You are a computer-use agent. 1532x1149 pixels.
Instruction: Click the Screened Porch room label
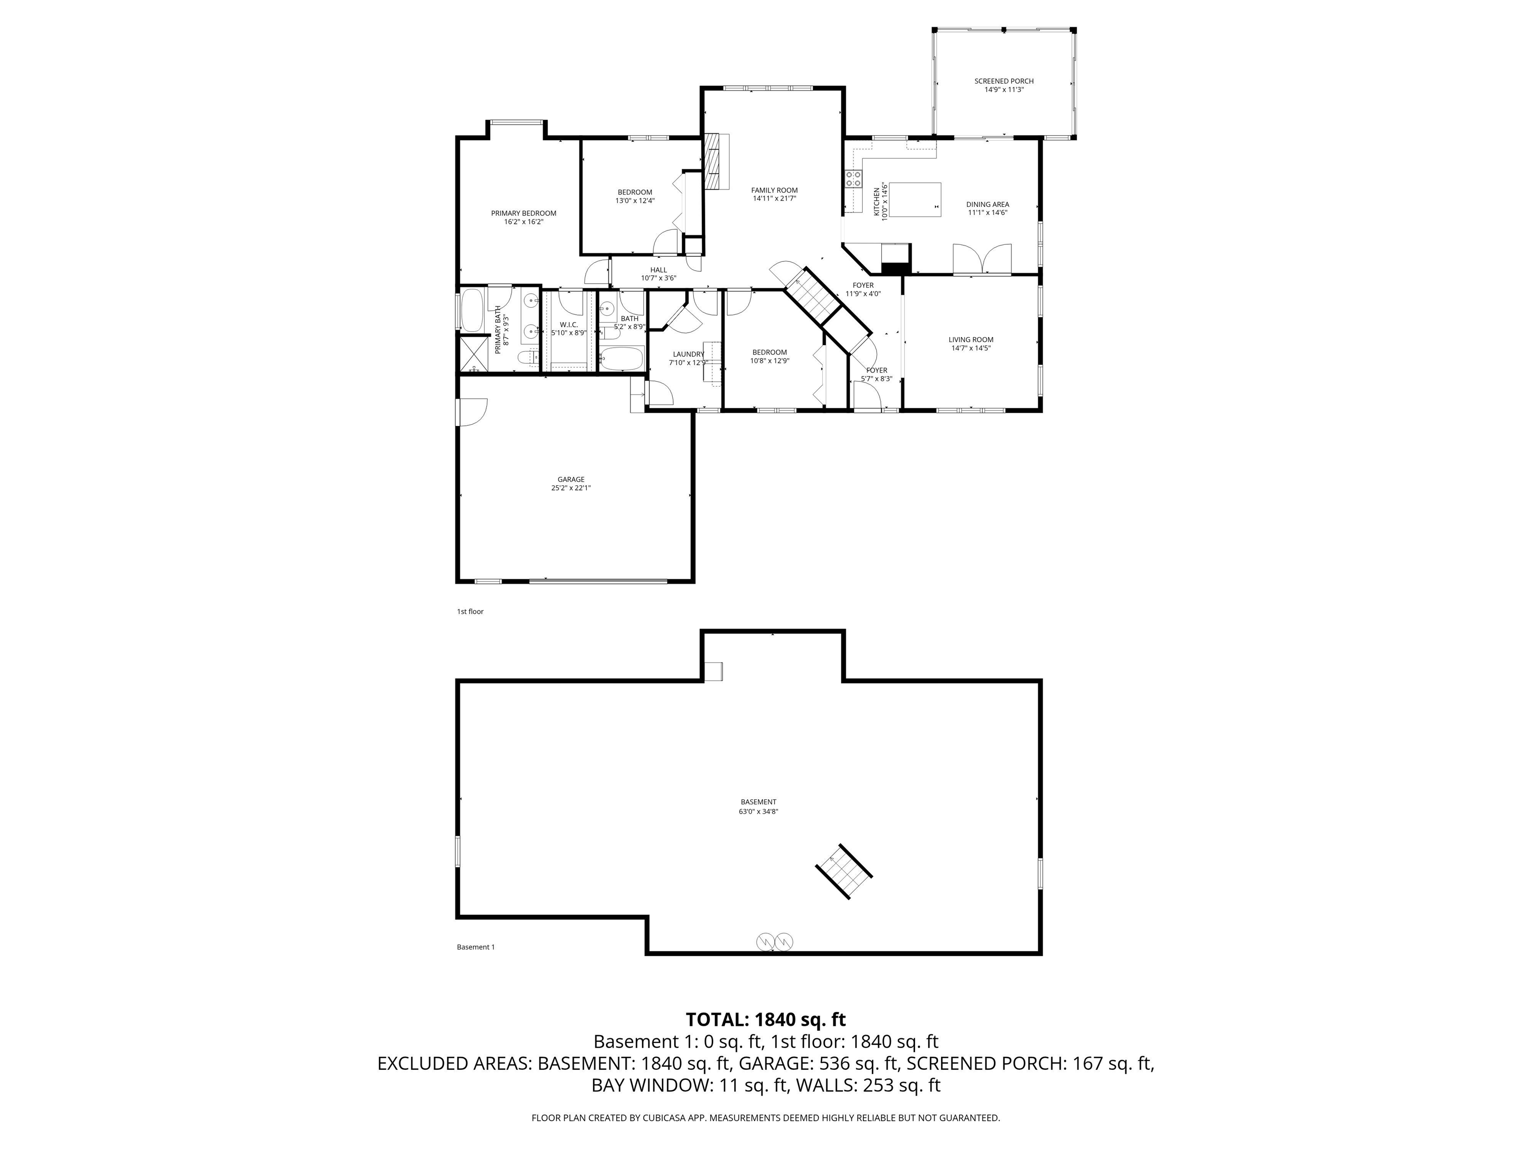[x=1003, y=81]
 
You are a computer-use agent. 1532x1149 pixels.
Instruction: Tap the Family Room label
[x=774, y=191]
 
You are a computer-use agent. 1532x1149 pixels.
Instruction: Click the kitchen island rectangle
[x=915, y=199]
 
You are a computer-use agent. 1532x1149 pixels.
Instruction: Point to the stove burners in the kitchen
[x=853, y=179]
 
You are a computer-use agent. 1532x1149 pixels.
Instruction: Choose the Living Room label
[x=971, y=340]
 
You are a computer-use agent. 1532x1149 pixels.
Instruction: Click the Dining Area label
[x=987, y=204]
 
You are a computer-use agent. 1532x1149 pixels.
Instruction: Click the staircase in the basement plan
[x=844, y=871]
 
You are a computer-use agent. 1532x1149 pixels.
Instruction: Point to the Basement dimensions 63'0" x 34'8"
[x=759, y=811]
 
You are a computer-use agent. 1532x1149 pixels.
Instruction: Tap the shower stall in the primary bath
[x=475, y=355]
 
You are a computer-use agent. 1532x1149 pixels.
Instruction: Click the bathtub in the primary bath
[x=473, y=310]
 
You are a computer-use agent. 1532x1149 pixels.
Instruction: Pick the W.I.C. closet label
[x=569, y=325]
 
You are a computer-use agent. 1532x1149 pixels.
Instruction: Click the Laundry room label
[x=688, y=355]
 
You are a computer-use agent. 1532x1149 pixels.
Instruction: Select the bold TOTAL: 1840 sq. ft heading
[x=766, y=1019]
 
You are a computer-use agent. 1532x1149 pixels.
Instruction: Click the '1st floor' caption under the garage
[x=470, y=611]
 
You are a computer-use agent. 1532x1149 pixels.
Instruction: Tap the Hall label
[x=659, y=270]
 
